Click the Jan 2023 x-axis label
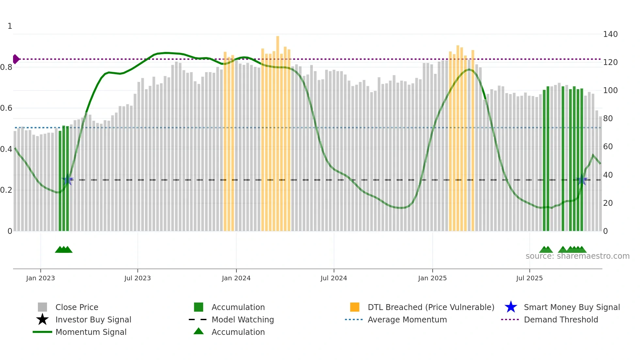[x=40, y=278]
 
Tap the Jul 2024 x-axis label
[x=334, y=278]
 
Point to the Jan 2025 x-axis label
[x=432, y=278]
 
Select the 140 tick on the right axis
[x=610, y=34]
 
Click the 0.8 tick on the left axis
[x=6, y=67]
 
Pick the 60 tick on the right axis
[x=608, y=147]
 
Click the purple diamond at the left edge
[x=16, y=59]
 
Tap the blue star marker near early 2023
[x=68, y=180]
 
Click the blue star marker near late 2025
[x=582, y=180]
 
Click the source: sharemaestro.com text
[x=577, y=256]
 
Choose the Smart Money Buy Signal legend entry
[x=571, y=307]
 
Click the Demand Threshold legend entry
[x=561, y=320]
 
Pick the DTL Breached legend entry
[x=431, y=307]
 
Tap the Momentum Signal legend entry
[x=91, y=332]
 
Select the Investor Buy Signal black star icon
[x=42, y=320]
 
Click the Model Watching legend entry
[x=243, y=320]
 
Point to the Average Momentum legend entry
[x=407, y=320]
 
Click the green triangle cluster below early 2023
[x=64, y=250]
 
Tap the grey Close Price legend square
[x=42, y=307]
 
